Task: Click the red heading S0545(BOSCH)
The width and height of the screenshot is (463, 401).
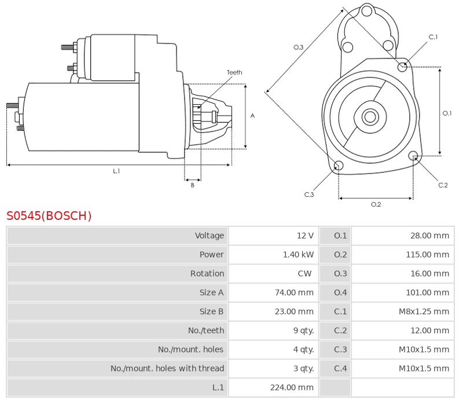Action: (49, 216)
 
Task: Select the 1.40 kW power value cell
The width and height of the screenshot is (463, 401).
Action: (298, 255)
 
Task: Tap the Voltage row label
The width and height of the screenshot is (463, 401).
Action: (210, 236)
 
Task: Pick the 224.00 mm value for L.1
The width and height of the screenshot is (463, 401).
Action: (292, 387)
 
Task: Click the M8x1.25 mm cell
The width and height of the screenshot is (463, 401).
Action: (424, 311)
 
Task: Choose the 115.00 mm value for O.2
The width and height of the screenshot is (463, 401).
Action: (427, 255)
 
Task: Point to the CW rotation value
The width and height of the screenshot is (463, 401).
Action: (304, 274)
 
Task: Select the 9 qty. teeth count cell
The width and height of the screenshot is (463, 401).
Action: (303, 330)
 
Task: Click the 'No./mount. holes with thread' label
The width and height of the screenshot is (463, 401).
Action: (167, 368)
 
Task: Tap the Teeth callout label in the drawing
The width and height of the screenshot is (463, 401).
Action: (234, 72)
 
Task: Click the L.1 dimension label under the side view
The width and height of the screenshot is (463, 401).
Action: (116, 171)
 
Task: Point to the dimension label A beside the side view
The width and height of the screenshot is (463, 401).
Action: (252, 116)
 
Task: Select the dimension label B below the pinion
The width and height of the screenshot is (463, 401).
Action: (193, 185)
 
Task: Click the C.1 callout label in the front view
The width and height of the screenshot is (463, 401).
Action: (433, 37)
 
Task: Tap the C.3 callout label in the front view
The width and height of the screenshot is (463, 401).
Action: (309, 194)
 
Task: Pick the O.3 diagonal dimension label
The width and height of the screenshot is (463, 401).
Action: (298, 47)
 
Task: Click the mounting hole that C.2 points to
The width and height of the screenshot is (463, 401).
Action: (413, 156)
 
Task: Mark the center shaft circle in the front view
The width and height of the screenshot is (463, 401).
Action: (370, 117)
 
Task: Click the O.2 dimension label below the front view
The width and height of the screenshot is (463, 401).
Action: (376, 204)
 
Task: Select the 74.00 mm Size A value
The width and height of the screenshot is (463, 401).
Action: (294, 293)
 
